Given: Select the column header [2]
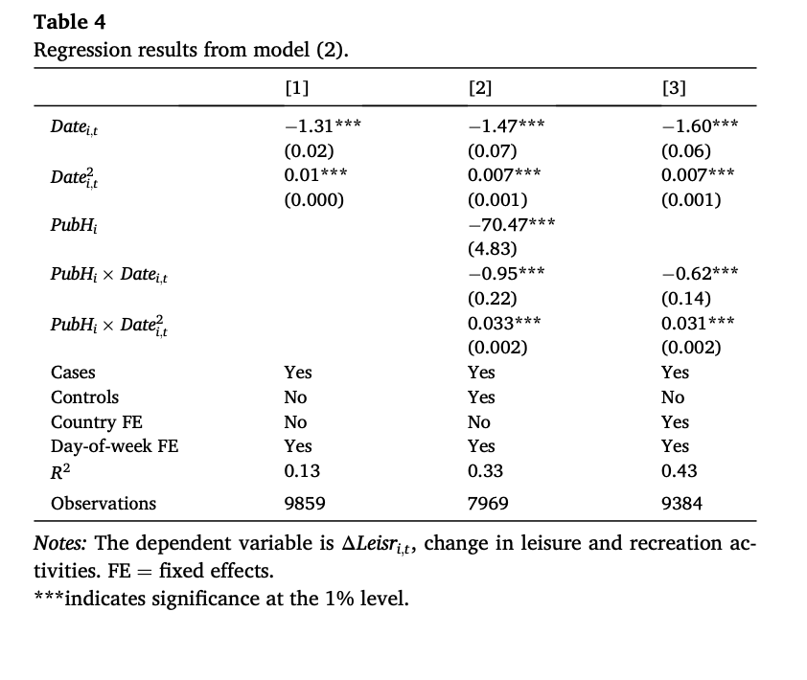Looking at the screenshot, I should coord(480,88).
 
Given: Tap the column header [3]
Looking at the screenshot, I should coord(674,88).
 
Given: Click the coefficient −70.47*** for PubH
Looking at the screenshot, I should coord(511,224).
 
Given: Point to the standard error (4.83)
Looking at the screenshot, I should coord(493,249).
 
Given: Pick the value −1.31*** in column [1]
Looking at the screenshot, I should coord(322,125).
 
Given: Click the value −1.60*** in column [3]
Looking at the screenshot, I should coord(700,125).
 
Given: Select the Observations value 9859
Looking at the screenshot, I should coord(305,503).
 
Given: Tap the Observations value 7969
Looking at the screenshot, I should coord(488,503).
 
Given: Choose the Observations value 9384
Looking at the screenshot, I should coord(681,503).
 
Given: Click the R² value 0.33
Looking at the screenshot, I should coord(484,470).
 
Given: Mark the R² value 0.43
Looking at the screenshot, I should coord(679,470).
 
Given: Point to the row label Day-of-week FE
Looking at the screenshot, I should coord(114,445).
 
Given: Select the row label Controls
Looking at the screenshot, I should coord(84,397).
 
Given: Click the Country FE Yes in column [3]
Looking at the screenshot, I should coord(675,421).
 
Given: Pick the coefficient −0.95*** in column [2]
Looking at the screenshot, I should coord(507,273).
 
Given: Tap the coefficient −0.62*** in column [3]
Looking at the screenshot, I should coord(700,273).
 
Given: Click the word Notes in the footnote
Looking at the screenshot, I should coord(61,543).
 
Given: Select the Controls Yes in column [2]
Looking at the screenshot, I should coord(481,397).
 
